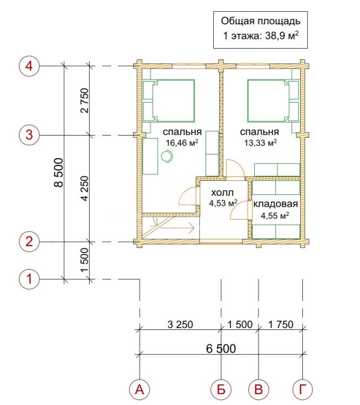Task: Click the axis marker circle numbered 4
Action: point(29,66)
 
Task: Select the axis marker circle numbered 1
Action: point(29,279)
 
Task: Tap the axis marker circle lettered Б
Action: point(221,389)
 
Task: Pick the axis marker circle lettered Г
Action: point(302,389)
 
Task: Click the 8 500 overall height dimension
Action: point(59,173)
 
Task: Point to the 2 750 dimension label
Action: point(84,101)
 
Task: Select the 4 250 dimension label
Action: point(84,188)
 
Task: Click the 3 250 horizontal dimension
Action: point(180,325)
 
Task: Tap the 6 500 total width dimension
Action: point(221,349)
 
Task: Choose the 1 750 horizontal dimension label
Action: point(281,325)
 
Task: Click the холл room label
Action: point(222,193)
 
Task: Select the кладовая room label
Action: point(275,204)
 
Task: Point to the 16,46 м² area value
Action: point(182,143)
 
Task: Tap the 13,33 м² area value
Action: point(261,143)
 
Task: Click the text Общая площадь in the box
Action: point(261,21)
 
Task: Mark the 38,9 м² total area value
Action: point(282,36)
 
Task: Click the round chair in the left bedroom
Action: point(167,157)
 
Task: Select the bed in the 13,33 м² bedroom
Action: point(273,100)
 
